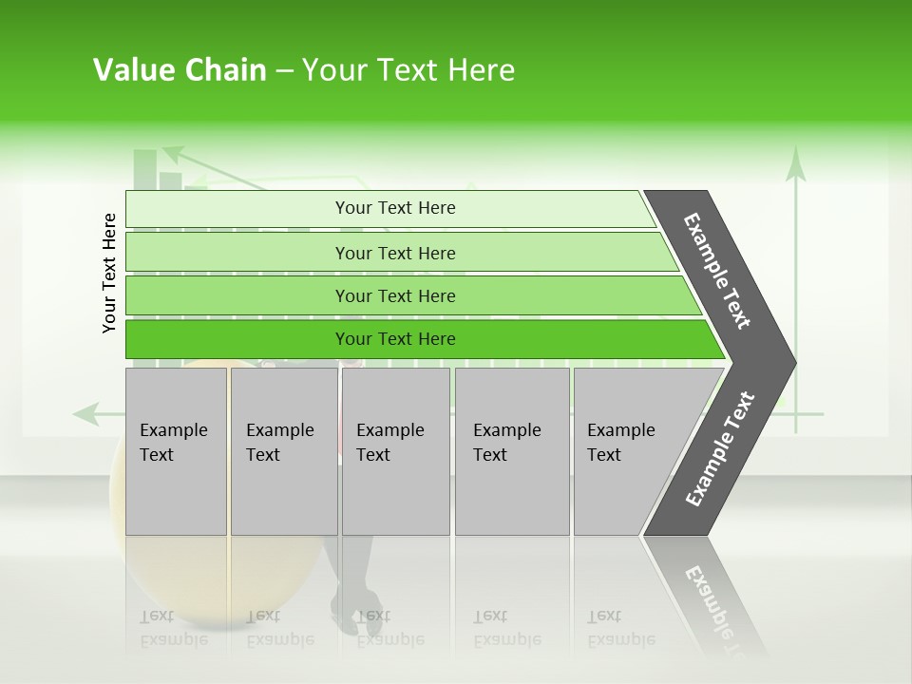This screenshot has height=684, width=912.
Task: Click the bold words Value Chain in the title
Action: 180,70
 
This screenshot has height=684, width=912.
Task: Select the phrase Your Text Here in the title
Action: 408,70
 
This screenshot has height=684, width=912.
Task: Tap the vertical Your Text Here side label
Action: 109,273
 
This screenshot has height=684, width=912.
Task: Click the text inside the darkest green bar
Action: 395,339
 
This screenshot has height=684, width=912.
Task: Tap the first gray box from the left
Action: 176,451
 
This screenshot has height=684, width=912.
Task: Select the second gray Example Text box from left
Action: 283,451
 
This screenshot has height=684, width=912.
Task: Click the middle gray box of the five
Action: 395,451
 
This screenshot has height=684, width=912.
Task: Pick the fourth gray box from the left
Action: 512,451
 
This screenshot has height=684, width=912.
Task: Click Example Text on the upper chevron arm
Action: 717,271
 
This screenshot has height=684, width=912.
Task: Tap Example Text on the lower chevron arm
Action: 720,449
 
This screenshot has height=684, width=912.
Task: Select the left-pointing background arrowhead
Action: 85,413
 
